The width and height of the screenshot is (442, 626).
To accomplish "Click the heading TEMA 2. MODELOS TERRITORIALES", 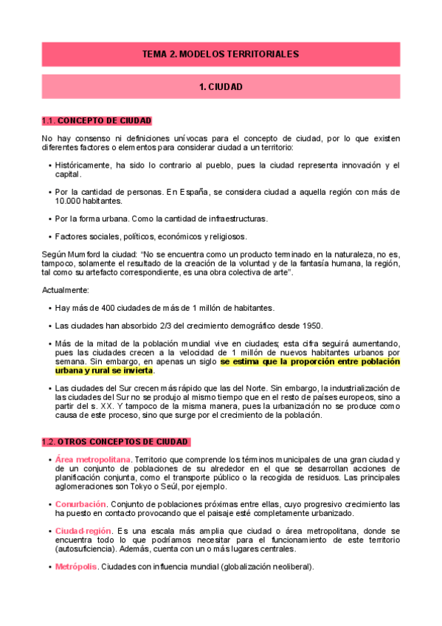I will tap(221, 55).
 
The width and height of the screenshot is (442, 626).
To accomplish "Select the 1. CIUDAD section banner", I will tap(221, 87).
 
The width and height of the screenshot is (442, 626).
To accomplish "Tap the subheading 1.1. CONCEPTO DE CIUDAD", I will tap(97, 120).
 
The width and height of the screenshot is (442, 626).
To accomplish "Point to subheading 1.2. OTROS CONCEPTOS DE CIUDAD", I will tap(115, 442).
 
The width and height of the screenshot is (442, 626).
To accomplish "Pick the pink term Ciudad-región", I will tap(83, 531).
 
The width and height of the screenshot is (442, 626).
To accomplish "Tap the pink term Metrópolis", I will tap(76, 567).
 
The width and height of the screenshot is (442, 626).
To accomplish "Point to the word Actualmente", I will tap(66, 290).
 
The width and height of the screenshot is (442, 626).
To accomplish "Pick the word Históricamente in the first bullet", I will tap(83, 165).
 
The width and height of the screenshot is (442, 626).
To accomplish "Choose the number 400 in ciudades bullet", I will tap(100, 307).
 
